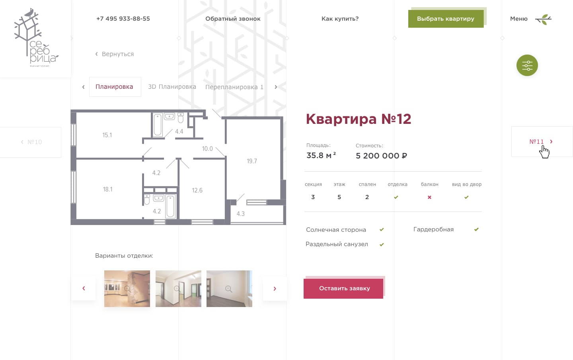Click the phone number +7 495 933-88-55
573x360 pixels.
[x=123, y=19]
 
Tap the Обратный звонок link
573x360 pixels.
[x=233, y=19]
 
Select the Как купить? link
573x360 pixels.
[x=340, y=19]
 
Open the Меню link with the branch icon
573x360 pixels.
[x=531, y=19]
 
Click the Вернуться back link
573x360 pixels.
[x=115, y=54]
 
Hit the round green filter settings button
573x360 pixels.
[x=527, y=65]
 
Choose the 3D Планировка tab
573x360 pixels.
[x=172, y=87]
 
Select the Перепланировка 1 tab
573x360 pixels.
[x=234, y=87]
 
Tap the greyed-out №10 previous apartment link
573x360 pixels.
[x=31, y=142]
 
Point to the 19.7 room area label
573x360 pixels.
[x=252, y=161]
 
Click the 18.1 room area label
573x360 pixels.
[x=107, y=189]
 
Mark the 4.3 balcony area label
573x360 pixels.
[x=240, y=214]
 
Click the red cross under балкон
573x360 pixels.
[x=429, y=197]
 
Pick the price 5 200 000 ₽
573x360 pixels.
[x=381, y=156]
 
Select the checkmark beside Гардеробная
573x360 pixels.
[x=476, y=229]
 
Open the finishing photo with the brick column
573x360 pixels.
[x=127, y=289]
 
